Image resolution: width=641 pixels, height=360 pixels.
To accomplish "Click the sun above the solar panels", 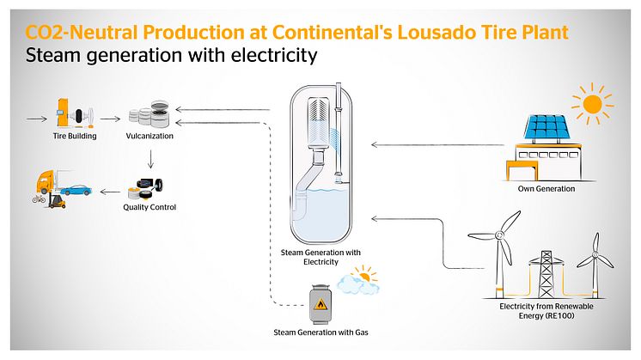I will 592,105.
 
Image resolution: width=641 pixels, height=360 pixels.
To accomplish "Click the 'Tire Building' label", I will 73,136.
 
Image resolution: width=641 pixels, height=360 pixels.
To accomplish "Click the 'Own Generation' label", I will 546,188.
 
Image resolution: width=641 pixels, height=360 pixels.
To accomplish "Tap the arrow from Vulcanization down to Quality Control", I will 150,158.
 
